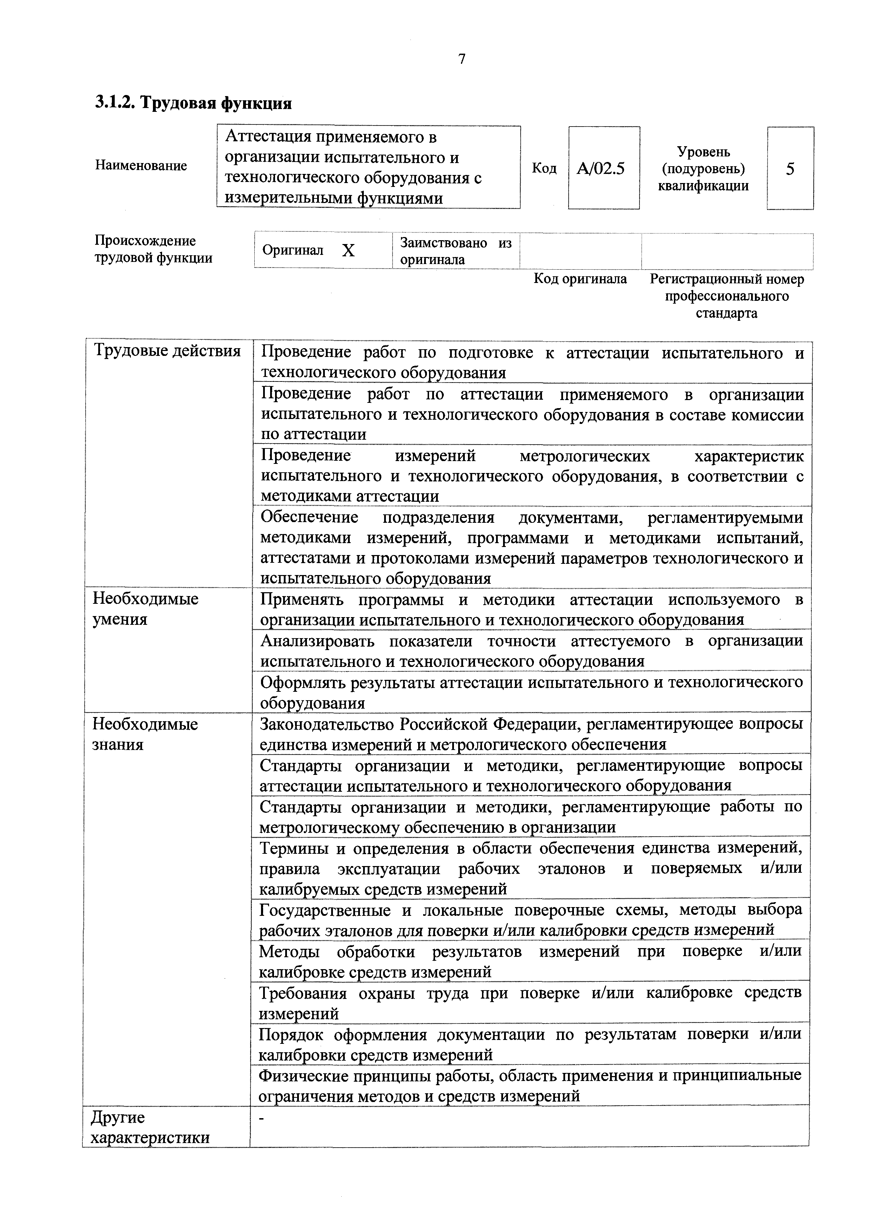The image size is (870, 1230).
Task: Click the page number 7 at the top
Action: click(x=462, y=59)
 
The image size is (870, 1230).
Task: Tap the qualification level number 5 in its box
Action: click(x=790, y=169)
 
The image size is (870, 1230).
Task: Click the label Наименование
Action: click(x=141, y=165)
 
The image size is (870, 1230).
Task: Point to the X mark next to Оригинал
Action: click(x=348, y=250)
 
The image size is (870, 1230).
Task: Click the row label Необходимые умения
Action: click(x=145, y=609)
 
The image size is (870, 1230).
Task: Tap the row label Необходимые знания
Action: click(x=145, y=734)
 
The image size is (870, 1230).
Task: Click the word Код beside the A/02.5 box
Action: click(x=543, y=168)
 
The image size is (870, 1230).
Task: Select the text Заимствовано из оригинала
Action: click(x=456, y=251)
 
